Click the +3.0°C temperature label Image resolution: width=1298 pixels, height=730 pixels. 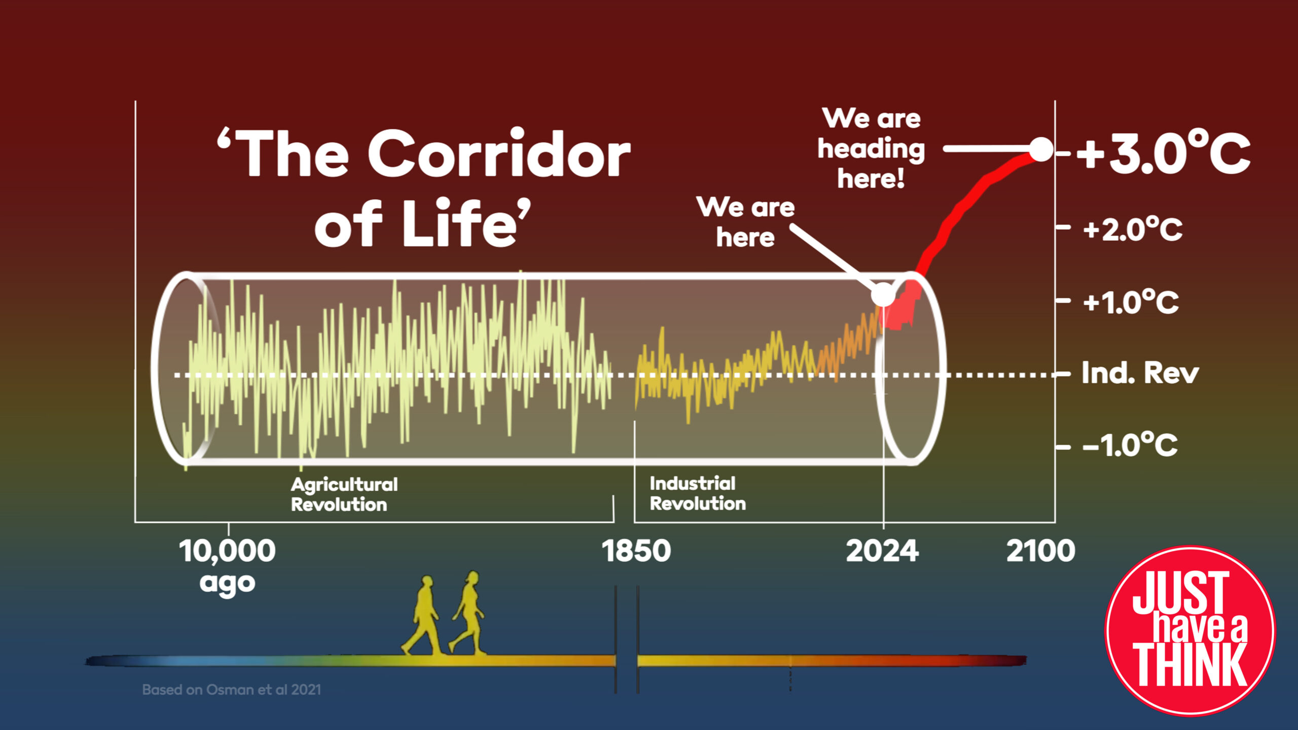[x=1163, y=153]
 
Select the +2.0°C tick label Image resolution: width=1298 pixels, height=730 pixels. [x=1132, y=230]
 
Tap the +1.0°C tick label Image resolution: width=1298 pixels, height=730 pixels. [x=1131, y=302]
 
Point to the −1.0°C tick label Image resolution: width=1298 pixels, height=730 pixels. [x=1130, y=445]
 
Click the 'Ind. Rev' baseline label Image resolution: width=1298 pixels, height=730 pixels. [x=1140, y=373]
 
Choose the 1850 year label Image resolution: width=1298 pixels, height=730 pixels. [x=636, y=551]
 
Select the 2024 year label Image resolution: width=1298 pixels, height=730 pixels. [x=882, y=551]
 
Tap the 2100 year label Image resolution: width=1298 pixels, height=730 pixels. [x=1040, y=551]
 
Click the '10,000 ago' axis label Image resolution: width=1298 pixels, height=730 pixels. [x=227, y=566]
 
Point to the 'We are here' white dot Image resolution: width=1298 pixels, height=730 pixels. [x=883, y=294]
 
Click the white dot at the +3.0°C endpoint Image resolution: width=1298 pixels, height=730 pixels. [x=1041, y=149]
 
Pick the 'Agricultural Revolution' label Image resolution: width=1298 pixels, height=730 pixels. [x=344, y=494]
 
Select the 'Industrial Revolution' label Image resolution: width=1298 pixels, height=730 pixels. [x=698, y=493]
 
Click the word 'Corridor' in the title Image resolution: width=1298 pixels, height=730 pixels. [x=499, y=153]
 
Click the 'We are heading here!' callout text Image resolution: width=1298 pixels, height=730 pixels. [x=871, y=148]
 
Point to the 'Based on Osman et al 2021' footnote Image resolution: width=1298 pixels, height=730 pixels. [x=231, y=690]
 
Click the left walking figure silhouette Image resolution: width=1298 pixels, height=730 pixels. [x=422, y=615]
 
